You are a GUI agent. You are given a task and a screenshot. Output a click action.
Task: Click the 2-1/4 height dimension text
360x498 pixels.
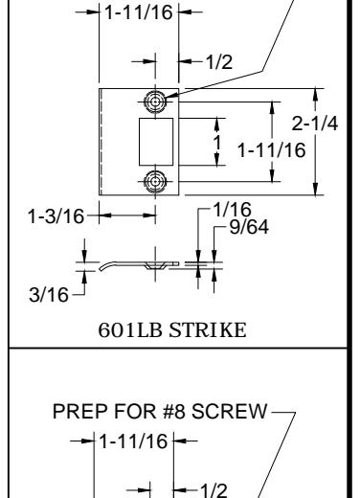coord(315,124)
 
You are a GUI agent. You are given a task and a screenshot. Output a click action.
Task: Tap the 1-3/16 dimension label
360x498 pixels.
coord(56,216)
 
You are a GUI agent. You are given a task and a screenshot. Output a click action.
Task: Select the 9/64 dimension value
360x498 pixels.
coord(249,227)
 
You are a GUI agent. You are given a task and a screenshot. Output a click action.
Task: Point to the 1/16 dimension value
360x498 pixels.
coord(232,210)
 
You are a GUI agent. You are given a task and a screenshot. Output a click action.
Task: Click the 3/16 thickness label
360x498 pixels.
coord(49,294)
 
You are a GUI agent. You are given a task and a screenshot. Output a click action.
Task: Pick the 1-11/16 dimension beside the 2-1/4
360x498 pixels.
coord(272,150)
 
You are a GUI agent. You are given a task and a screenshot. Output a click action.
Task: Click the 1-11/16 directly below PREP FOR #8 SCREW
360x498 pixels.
coord(134,441)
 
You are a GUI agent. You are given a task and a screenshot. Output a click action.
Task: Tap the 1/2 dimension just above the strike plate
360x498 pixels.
coord(219,61)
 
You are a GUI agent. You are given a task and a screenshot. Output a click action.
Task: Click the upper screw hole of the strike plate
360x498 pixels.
coord(155,102)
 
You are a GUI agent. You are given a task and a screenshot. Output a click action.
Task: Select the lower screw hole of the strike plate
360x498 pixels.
coord(155,181)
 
